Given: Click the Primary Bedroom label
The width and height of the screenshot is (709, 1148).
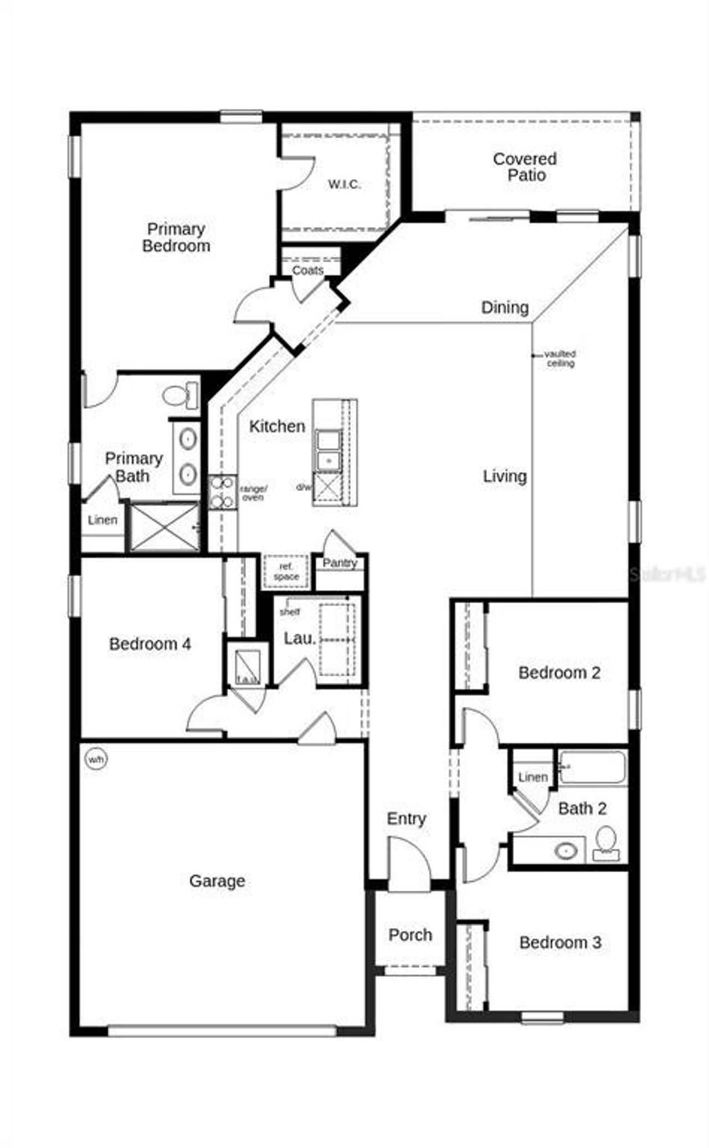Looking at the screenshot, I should point(176,237).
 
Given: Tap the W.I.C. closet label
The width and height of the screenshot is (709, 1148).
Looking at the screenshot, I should point(345,184).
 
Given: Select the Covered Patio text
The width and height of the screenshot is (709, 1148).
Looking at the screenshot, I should point(525,167).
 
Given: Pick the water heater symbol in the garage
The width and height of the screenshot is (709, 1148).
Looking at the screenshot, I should point(95,759).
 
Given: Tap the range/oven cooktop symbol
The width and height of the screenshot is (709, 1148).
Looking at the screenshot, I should point(222,492).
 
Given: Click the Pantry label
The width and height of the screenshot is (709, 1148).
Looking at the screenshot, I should point(340,563).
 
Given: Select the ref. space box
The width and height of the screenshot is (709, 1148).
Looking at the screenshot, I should point(286,571).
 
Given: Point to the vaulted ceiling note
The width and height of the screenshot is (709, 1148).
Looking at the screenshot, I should point(560,358).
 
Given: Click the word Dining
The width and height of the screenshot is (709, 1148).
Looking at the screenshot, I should point(505,307).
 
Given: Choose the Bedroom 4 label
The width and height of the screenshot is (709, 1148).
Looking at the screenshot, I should point(150,644).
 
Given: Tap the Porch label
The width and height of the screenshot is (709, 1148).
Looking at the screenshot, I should point(410,935).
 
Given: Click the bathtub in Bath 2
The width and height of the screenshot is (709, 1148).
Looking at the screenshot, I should point(592,767).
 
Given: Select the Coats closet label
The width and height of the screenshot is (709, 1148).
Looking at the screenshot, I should point(308,270).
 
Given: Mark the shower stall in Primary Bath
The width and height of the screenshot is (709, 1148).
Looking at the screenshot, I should point(165,527).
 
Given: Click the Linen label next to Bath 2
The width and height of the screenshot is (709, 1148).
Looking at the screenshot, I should point(533,777).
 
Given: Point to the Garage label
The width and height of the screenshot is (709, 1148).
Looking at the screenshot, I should point(217,881).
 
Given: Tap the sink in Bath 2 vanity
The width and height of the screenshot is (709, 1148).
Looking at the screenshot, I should point(567,851).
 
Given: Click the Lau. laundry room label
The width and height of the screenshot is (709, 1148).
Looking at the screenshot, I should point(300,638).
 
